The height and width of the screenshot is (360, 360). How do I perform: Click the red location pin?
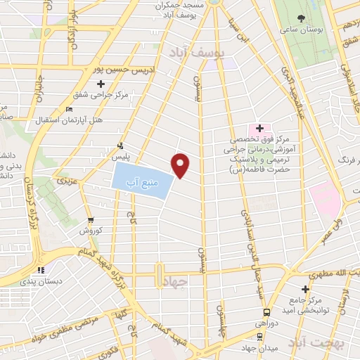[181, 165]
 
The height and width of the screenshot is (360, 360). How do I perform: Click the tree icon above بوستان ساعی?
[302, 18]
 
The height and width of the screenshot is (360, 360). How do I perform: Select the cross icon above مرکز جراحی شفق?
[102, 84]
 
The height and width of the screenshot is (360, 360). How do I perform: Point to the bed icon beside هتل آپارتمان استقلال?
[68, 109]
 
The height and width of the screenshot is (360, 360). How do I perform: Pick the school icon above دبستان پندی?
[41, 269]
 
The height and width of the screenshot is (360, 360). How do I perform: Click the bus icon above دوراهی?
[266, 312]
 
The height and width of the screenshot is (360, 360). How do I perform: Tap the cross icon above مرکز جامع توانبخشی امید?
[305, 289]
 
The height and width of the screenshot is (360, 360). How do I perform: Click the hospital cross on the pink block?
[259, 128]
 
